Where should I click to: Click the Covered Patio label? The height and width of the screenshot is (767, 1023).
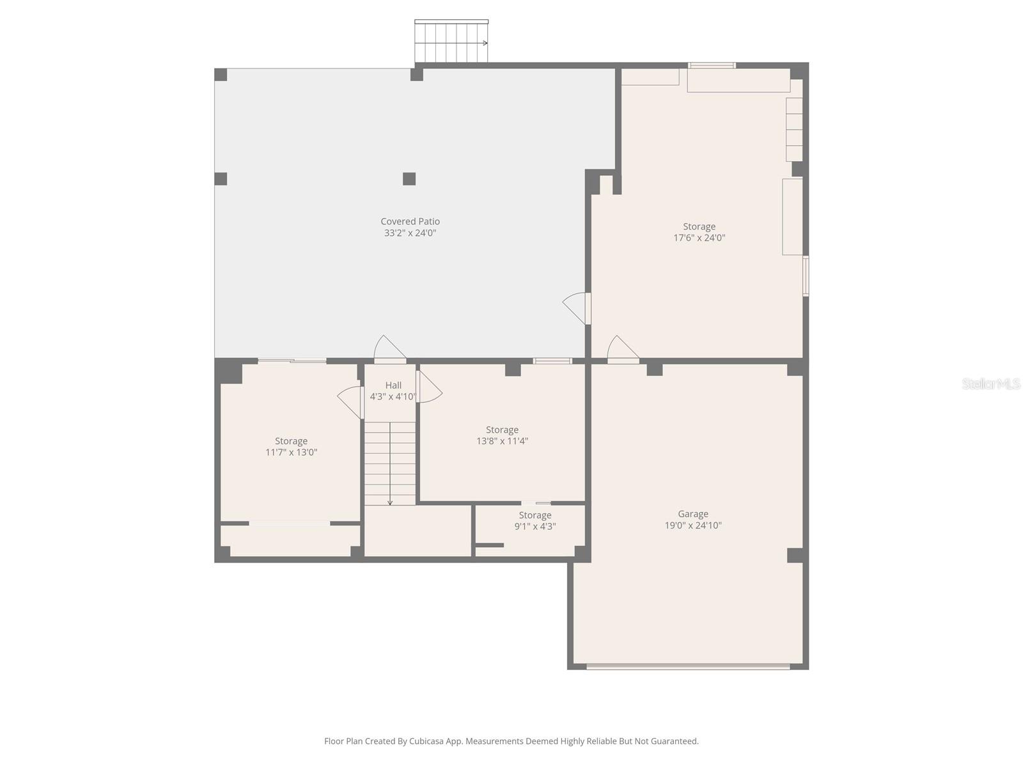point(410,221)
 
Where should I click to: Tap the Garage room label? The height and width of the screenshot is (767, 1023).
point(693,514)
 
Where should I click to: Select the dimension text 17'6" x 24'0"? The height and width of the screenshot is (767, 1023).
point(699,238)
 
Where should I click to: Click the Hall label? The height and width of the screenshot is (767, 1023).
point(393,385)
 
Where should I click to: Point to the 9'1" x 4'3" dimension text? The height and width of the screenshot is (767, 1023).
point(535,527)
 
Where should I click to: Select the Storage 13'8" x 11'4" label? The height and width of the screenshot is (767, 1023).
point(502,430)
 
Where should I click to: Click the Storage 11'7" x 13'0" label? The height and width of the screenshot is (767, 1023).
point(291,441)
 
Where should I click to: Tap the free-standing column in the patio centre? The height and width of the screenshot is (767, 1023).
point(409,179)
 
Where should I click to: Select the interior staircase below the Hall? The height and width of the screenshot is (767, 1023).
point(390,463)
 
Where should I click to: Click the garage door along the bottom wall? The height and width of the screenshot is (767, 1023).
point(688,667)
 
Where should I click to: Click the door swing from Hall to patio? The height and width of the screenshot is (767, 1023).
point(389,349)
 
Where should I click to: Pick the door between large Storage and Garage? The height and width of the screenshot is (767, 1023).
point(622,349)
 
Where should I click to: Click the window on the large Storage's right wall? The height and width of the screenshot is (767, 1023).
point(806,276)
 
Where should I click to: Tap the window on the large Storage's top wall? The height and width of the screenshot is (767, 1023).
point(712,65)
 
